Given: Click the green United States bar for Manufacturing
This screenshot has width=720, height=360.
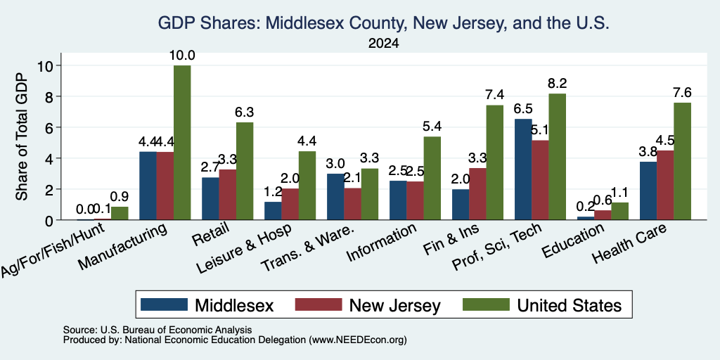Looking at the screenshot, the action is pyautogui.click(x=182, y=143).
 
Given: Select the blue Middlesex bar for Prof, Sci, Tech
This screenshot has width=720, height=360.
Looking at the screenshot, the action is pyautogui.click(x=523, y=169).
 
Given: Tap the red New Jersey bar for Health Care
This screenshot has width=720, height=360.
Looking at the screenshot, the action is pyautogui.click(x=665, y=185).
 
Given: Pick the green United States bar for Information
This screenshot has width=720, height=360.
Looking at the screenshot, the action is pyautogui.click(x=432, y=178).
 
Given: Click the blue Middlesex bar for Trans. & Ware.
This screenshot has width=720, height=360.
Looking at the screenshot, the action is pyautogui.click(x=335, y=197).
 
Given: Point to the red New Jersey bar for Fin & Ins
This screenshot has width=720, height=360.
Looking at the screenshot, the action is pyautogui.click(x=477, y=194).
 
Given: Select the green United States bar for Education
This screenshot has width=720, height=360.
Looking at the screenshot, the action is pyautogui.click(x=620, y=211).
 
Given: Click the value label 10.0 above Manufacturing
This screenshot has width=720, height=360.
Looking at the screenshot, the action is pyautogui.click(x=182, y=56).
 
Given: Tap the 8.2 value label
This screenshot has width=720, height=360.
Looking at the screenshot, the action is pyautogui.click(x=557, y=84).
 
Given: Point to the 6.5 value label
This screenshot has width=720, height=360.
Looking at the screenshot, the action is pyautogui.click(x=523, y=109).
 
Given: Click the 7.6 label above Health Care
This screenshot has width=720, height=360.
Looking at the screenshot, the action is pyautogui.click(x=682, y=93).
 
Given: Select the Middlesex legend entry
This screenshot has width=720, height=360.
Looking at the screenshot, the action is pyautogui.click(x=207, y=305).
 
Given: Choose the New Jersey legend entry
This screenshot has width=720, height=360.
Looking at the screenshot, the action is pyautogui.click(x=368, y=305).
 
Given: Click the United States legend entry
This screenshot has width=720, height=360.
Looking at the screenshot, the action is pyautogui.click(x=542, y=305).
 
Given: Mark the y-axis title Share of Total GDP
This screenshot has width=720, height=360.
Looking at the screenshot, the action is pyautogui.click(x=22, y=136).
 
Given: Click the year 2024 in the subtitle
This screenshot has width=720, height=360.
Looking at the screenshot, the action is pyautogui.click(x=383, y=44).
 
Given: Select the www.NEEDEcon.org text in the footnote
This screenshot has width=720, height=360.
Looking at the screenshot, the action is pyautogui.click(x=358, y=340).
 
